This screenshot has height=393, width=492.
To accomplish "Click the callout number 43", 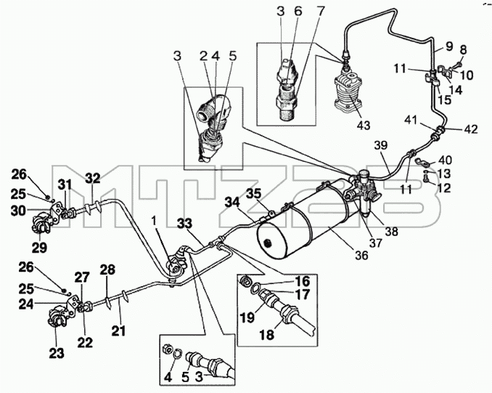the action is click(x=364, y=125).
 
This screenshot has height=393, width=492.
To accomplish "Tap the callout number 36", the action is click(x=361, y=256).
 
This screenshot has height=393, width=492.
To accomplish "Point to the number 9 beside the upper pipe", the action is click(x=448, y=46).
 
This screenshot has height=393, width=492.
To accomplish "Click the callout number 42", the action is click(x=471, y=129).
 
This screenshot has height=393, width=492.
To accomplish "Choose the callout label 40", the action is click(x=446, y=161).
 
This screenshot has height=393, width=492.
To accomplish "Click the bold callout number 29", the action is click(x=39, y=248).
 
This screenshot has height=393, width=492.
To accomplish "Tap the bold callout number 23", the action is click(x=57, y=353).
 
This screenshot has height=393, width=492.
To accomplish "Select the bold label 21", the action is click(x=118, y=331).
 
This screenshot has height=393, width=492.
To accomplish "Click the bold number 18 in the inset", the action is click(x=267, y=335).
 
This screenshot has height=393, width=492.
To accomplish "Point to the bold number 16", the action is click(x=303, y=281).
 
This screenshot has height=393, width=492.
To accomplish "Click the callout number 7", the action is click(x=319, y=11).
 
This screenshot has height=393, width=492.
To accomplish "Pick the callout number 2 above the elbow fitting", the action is click(x=204, y=56).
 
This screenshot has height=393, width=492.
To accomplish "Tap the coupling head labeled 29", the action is click(x=41, y=223).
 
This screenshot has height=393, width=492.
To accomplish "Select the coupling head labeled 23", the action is click(x=57, y=317).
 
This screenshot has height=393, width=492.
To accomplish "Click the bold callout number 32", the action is click(x=93, y=179).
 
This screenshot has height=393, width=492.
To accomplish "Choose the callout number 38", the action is click(x=392, y=232).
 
